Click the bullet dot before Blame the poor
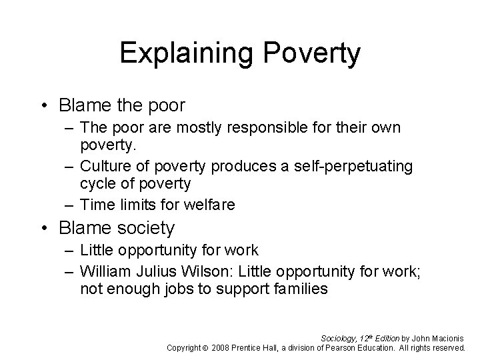(45, 106)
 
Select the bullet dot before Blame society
(45, 229)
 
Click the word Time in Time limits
(95, 205)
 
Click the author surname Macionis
(447, 337)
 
